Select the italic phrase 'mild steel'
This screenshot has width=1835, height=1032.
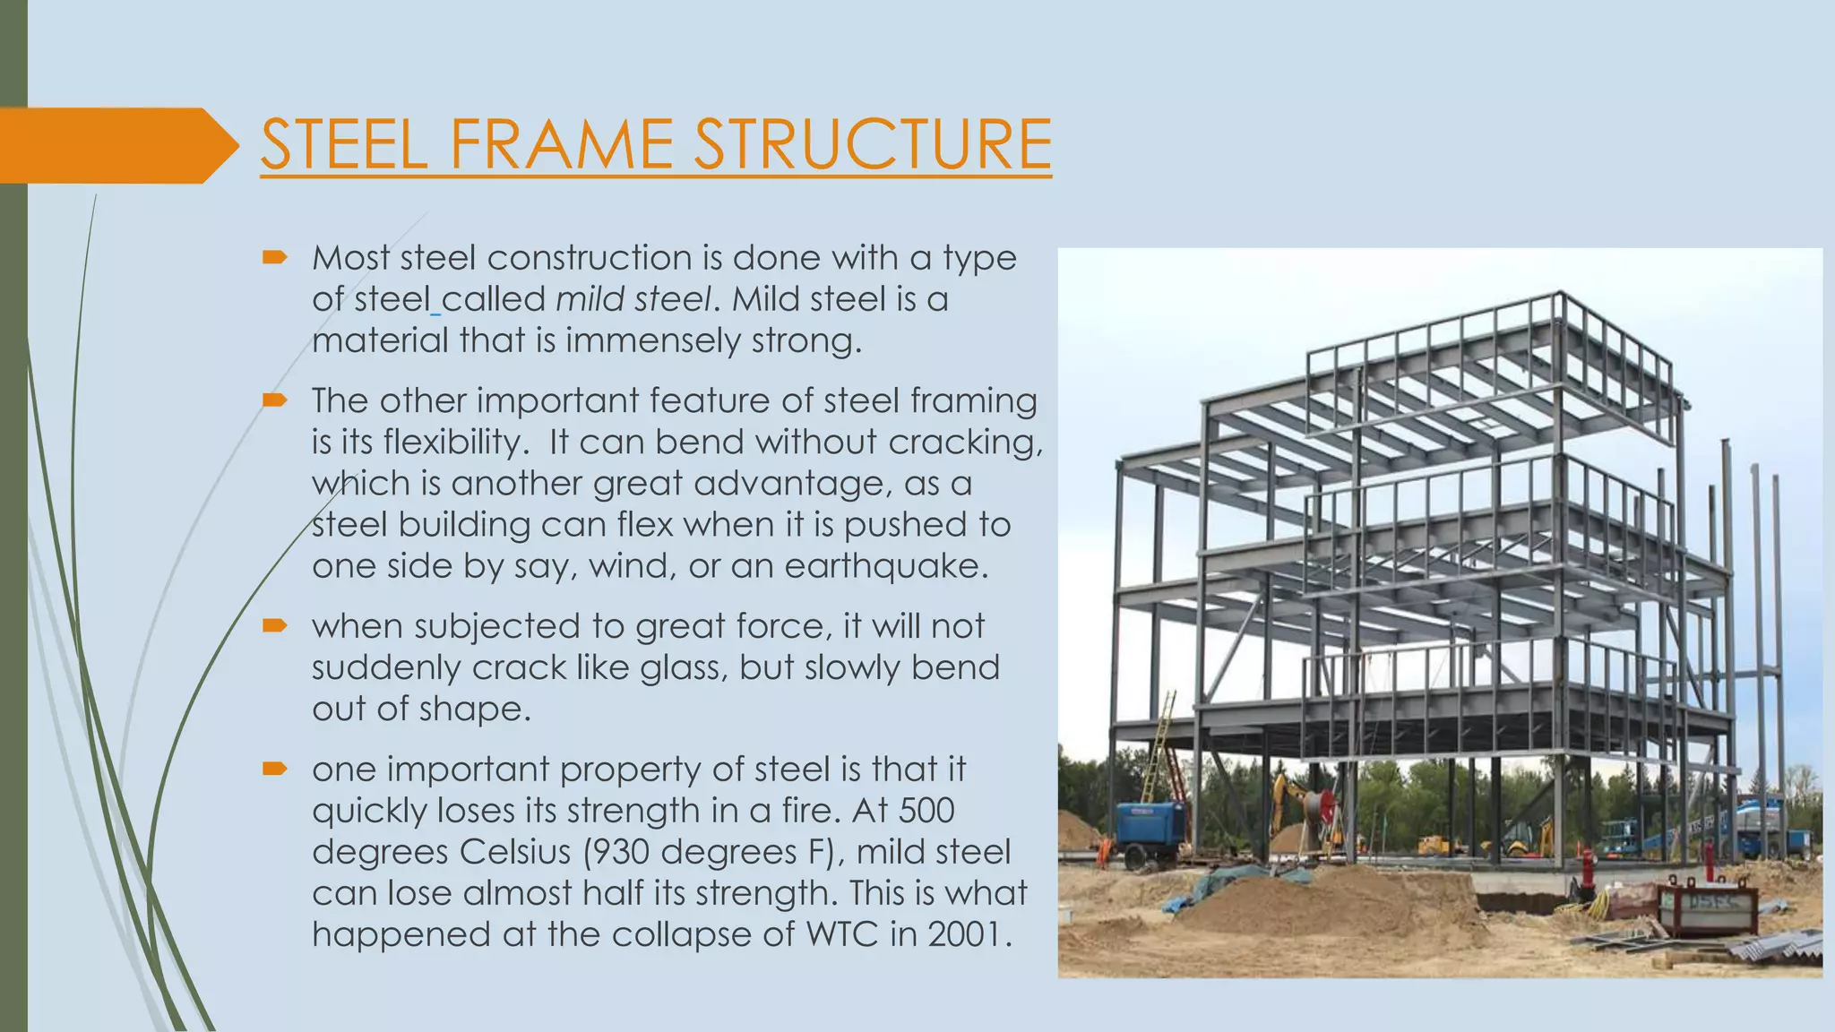tap(633, 299)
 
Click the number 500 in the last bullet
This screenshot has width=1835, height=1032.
tap(926, 811)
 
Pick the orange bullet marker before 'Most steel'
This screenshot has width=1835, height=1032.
tap(274, 258)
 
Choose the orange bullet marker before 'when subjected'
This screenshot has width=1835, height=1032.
tap(274, 625)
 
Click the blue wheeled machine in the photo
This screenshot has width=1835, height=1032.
tap(1149, 829)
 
